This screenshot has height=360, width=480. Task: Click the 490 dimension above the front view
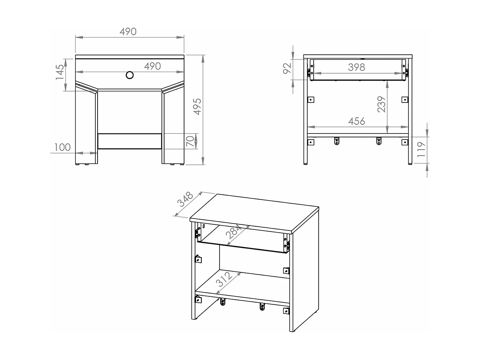[128, 31]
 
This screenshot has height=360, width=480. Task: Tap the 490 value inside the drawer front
[152, 66]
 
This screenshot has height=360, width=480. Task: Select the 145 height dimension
[60, 72]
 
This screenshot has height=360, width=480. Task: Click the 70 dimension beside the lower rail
[190, 141]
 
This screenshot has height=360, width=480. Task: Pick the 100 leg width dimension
[62, 147]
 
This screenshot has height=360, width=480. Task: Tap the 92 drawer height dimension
[287, 68]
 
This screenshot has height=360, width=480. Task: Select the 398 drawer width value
[356, 67]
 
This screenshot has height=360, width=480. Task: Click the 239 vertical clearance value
[381, 104]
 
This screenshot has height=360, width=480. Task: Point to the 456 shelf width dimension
[356, 121]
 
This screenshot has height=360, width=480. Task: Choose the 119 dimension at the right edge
[421, 149]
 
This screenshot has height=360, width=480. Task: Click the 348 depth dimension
[186, 199]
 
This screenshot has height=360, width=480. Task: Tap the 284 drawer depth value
[234, 232]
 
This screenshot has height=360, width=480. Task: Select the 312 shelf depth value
[224, 279]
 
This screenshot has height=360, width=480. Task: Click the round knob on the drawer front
[130, 75]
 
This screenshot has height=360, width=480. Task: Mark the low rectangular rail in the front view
[130, 141]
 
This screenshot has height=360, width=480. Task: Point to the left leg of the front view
[86, 128]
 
